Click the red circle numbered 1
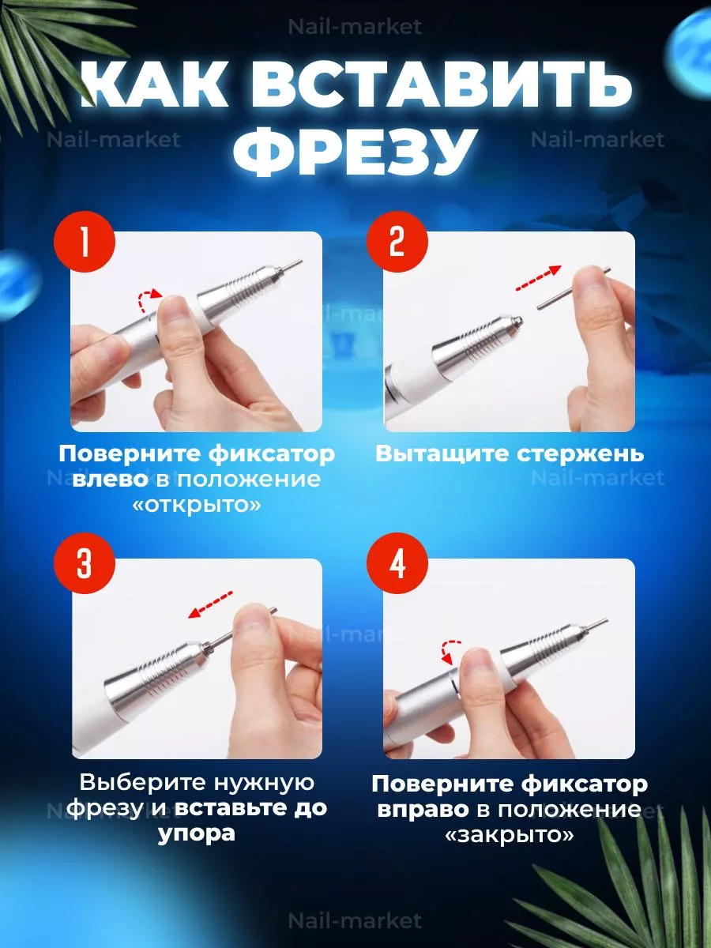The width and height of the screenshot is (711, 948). tap(85, 242)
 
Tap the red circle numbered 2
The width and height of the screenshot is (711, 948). tap(397, 242)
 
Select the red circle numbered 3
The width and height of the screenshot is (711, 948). tap(85, 563)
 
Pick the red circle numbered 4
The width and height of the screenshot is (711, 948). tap(397, 563)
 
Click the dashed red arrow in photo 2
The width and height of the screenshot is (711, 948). tap(538, 278)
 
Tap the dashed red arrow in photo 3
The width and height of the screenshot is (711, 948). tap(211, 604)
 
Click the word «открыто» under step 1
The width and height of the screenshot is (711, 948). tap(197, 506)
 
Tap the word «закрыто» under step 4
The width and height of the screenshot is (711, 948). tap(510, 836)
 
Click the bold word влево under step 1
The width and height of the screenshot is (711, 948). tap(111, 480)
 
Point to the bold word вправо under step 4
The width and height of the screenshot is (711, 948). tap(423, 810)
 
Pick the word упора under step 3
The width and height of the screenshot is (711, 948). tap(197, 834)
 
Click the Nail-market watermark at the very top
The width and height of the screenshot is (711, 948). tap(355, 27)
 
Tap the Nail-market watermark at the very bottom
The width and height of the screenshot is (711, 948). tap(355, 920)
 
